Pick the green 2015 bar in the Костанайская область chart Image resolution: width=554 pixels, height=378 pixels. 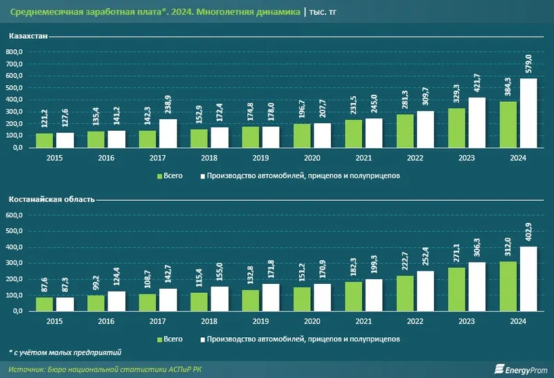tap(44, 303)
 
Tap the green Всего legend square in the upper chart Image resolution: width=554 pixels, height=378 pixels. tap(160, 176)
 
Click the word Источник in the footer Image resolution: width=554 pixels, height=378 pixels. tap(26, 368)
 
